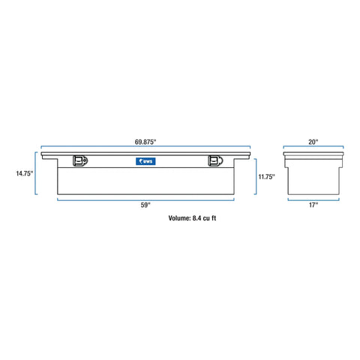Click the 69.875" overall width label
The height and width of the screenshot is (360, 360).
coord(145,140)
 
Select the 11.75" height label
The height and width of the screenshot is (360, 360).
coord(267,177)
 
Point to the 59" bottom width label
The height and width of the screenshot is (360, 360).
coord(145,205)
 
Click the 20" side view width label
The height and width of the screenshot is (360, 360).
coord(313,140)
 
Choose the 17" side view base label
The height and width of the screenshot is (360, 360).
coord(313,205)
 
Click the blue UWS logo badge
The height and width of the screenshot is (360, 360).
coord(145,160)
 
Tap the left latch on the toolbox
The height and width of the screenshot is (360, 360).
coord(79,161)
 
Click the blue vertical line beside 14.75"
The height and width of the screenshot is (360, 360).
coord(36,174)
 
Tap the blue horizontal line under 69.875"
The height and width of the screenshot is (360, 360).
coord(145,148)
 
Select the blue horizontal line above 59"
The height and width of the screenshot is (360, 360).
coord(145,199)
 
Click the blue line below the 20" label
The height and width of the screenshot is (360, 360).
coord(313,148)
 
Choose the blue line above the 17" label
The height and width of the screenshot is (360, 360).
coord(313,199)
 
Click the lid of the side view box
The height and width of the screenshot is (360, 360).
coord(313,154)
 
